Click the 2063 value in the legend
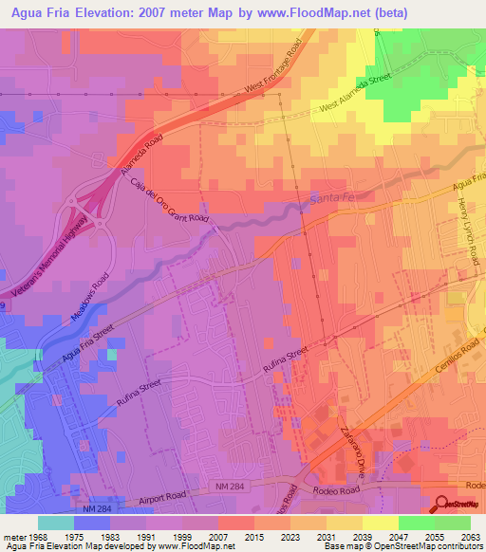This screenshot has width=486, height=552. [x=470, y=537]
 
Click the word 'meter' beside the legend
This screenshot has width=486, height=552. [x=13, y=537]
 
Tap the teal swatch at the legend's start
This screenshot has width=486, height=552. [x=55, y=523]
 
